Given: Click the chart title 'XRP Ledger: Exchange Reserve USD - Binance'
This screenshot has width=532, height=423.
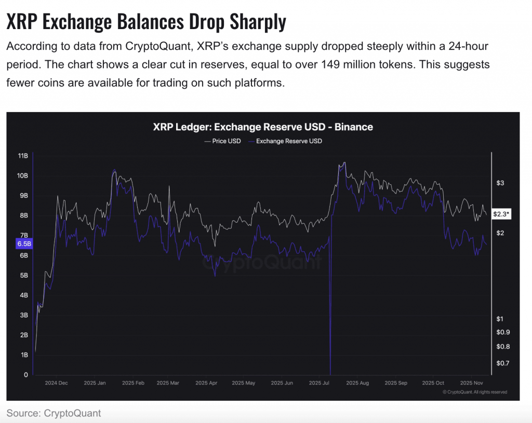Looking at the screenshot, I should click(x=263, y=127).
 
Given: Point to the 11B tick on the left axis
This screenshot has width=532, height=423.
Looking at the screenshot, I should click(x=22, y=156).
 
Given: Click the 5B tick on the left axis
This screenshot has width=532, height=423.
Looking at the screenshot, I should click(x=23, y=276).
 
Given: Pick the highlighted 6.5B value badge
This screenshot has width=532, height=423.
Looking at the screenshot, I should click(x=24, y=243).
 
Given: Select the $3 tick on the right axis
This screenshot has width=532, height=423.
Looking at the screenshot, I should click(x=500, y=183).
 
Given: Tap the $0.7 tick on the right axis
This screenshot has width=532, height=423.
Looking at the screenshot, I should click(x=502, y=363).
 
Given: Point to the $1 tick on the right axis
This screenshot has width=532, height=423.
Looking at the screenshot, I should click(x=500, y=319).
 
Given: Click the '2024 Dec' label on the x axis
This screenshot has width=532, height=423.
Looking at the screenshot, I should click(x=56, y=383).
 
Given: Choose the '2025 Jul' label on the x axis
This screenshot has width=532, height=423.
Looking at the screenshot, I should click(x=320, y=383).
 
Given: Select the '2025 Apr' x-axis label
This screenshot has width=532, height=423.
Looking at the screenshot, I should click(x=206, y=383).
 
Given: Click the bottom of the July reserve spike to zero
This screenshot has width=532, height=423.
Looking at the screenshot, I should click(x=330, y=372).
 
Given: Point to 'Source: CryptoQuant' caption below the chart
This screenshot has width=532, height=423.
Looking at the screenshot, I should click(x=54, y=413).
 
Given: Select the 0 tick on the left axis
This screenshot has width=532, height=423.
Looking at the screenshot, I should click(x=26, y=375).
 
